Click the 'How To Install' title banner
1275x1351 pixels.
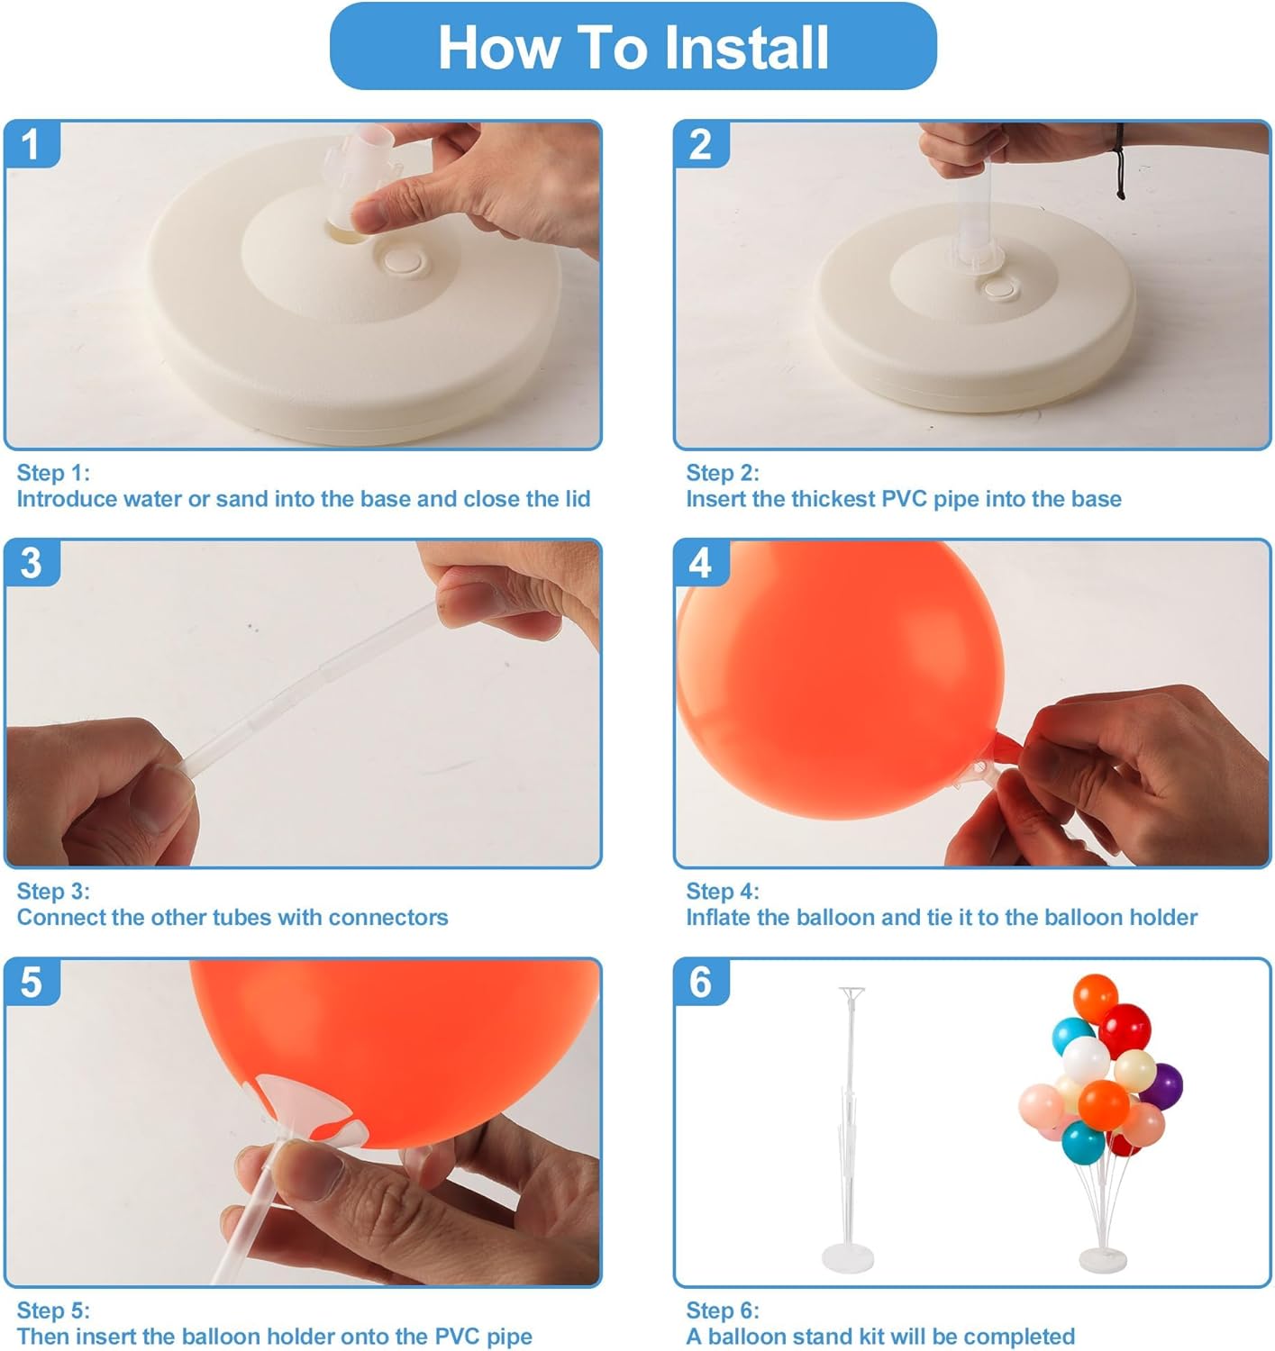tap(633, 47)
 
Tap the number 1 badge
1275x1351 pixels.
tap(32, 145)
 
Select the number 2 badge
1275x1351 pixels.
tap(700, 145)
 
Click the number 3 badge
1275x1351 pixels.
tap(32, 563)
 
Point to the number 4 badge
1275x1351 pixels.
tap(700, 563)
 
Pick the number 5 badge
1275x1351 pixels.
tap(32, 982)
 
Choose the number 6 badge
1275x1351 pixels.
tap(700, 982)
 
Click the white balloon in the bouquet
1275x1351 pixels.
tap(1085, 1056)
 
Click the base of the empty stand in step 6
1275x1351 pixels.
tap(848, 1257)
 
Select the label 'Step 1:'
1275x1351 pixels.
tap(53, 473)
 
